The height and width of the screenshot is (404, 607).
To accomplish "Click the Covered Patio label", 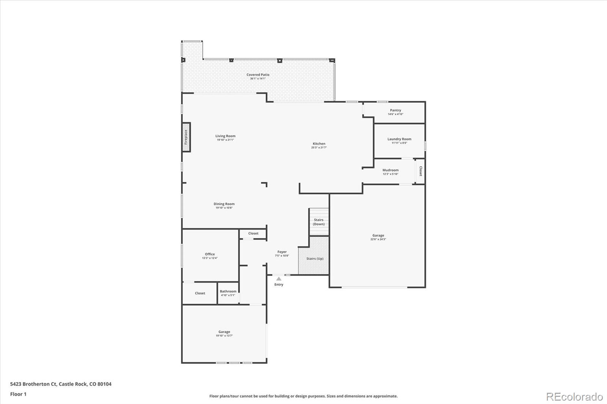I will [x=258, y=75].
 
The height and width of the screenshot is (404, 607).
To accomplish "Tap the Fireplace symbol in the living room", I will [x=186, y=137].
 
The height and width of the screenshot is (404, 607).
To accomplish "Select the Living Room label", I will [x=225, y=136].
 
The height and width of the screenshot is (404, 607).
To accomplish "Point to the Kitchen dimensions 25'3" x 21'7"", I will [x=319, y=147].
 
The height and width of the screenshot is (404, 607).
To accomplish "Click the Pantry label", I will [x=395, y=110].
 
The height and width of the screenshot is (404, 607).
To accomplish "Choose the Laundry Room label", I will [x=399, y=139].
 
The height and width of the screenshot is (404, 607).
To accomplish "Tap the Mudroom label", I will [x=390, y=170].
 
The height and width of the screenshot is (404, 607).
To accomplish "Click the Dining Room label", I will [x=224, y=204].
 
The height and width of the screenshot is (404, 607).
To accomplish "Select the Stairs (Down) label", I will [x=319, y=222].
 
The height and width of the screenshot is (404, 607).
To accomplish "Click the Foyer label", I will [x=282, y=252].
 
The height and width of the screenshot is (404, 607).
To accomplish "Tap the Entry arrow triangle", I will [x=279, y=279].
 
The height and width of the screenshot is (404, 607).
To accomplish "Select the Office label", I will [x=210, y=254].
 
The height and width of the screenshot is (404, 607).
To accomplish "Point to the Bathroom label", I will [x=228, y=291].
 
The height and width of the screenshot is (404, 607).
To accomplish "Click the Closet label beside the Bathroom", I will [x=200, y=293].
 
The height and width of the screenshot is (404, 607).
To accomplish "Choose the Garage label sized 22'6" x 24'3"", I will [x=378, y=235].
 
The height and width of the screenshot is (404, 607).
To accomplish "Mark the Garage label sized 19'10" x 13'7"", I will [x=224, y=332].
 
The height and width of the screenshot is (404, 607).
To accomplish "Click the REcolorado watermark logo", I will [x=574, y=397].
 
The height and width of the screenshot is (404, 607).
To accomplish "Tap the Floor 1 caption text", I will [x=18, y=394].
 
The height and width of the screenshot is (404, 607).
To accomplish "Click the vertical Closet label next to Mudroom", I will [x=420, y=171].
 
